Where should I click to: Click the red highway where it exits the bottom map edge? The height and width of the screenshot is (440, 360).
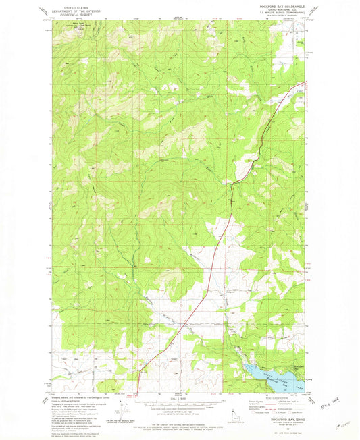click(138, 391)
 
